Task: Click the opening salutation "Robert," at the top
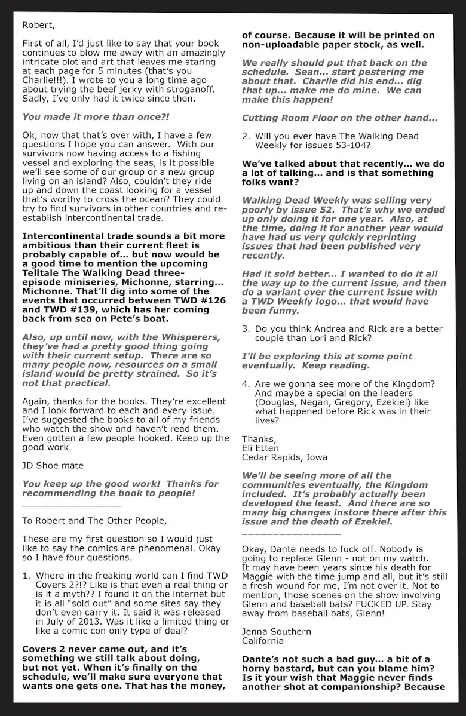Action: pyautogui.click(x=37, y=25)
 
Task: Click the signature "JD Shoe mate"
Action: pyautogui.click(x=53, y=465)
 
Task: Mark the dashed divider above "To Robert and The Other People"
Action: pyautogui.click(x=72, y=506)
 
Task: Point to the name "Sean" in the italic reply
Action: pyautogui.click(x=361, y=72)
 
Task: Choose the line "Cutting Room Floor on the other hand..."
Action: pyautogui.click(x=339, y=118)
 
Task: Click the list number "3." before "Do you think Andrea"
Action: pyautogui.click(x=246, y=329)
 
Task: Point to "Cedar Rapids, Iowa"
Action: pyautogui.click(x=284, y=457)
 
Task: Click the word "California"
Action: pyautogui.click(x=263, y=641)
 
